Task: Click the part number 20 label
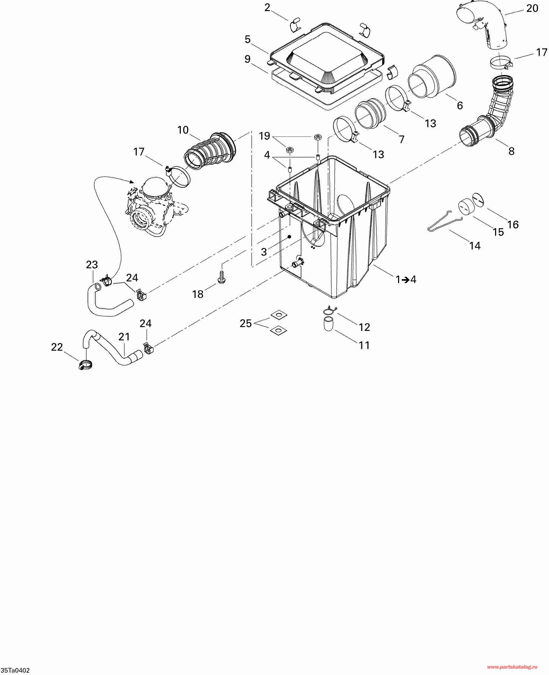pyautogui.click(x=532, y=8)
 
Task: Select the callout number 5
pyautogui.click(x=248, y=40)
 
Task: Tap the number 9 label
pyautogui.click(x=248, y=59)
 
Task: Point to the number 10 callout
pyautogui.click(x=183, y=130)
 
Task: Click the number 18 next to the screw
pyautogui.click(x=198, y=294)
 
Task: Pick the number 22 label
pyautogui.click(x=57, y=347)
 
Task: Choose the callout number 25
pyautogui.click(x=246, y=323)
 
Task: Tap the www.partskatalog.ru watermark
pyautogui.click(x=512, y=667)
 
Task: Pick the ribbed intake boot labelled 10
pyautogui.click(x=210, y=152)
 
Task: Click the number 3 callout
pyautogui.click(x=264, y=252)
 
